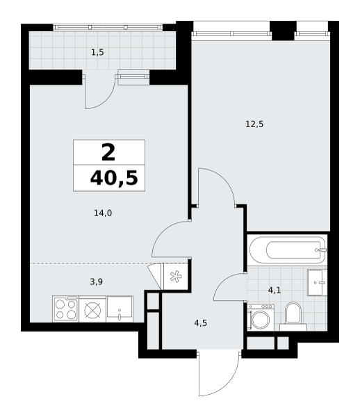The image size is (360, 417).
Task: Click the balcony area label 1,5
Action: pyautogui.click(x=97, y=53)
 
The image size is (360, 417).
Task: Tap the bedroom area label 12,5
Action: pyautogui.click(x=254, y=124)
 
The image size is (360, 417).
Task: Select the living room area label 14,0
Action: pyautogui.click(x=103, y=213)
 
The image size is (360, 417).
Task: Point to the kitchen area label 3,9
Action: pyautogui.click(x=96, y=281)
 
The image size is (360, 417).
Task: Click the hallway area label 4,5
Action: pyautogui.click(x=200, y=323)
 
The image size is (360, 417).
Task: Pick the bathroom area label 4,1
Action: pyautogui.click(x=275, y=290)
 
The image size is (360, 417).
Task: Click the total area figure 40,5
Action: pyautogui.click(x=114, y=178)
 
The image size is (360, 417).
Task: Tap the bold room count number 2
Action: pyautogui.click(x=108, y=152)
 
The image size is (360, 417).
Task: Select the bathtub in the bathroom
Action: pyautogui.click(x=288, y=250)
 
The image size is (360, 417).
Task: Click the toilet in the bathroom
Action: pyautogui.click(x=293, y=316)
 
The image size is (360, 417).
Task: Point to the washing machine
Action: pyautogui.click(x=261, y=318)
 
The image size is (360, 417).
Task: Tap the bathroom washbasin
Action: pyautogui.click(x=317, y=282)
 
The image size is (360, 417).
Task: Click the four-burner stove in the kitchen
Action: pyautogui.click(x=65, y=309)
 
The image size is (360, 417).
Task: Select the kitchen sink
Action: pyautogui.click(x=120, y=309)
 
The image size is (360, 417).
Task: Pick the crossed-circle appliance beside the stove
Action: pyautogui.click(x=92, y=309)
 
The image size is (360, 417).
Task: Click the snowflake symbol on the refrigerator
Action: pyautogui.click(x=176, y=277)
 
